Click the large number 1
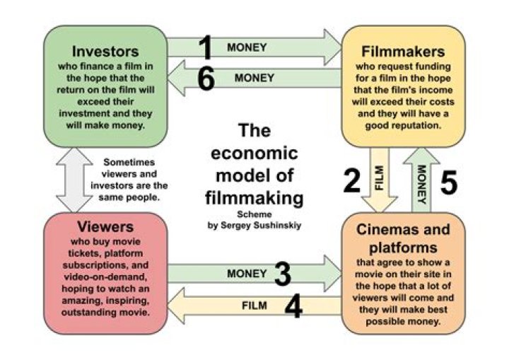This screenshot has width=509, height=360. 205,49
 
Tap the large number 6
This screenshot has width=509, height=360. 205,79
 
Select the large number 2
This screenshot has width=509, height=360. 352,181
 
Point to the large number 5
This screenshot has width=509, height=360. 449,182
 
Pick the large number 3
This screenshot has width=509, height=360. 283,274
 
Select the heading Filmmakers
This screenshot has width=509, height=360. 403,52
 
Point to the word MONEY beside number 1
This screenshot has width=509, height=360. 247,48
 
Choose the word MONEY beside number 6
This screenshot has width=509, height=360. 255,78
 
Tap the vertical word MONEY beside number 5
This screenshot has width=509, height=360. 421,181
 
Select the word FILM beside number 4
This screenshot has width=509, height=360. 254,306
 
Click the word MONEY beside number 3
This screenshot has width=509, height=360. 247,273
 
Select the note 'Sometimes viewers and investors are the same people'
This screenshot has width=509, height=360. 135,180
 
